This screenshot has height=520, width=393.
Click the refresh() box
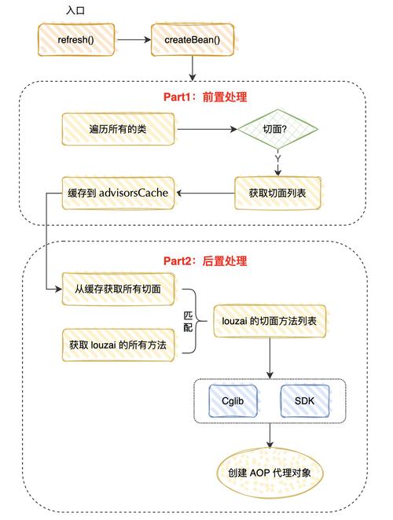[75, 39]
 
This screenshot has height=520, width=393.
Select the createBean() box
[192, 39]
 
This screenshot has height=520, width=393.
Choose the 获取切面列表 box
[277, 192]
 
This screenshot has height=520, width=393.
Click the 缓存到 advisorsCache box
[118, 192]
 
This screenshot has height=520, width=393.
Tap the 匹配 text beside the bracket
[187, 320]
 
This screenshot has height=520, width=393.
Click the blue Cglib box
[233, 401]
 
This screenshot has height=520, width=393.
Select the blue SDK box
[303, 401]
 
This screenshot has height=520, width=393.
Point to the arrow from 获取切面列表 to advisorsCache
[206, 192]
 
